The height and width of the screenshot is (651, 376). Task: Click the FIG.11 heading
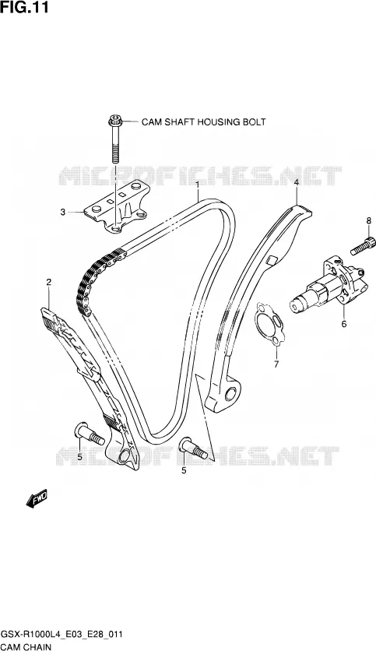(x=24, y=7)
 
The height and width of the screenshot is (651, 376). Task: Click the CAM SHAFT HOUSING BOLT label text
(x=203, y=121)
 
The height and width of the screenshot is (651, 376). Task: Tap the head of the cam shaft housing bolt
(x=114, y=121)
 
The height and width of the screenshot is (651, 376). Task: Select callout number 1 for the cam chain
(x=198, y=184)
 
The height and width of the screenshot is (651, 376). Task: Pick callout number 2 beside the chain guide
(x=48, y=283)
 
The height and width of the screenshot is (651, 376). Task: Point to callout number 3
(x=62, y=212)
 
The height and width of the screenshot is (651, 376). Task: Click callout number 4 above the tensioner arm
(x=297, y=182)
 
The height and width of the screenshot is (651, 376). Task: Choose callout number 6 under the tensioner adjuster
(x=343, y=324)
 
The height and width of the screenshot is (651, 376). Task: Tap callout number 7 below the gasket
(x=276, y=364)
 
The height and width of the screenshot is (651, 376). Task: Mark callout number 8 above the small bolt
(x=368, y=220)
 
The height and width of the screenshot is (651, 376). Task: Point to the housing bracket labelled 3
(x=117, y=207)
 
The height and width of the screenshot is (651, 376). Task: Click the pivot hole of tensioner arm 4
(x=230, y=393)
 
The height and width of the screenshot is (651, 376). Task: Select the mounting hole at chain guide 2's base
(x=124, y=456)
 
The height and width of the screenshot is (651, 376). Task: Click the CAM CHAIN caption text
(x=26, y=646)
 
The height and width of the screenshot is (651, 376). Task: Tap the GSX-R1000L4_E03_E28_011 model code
(x=61, y=635)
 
